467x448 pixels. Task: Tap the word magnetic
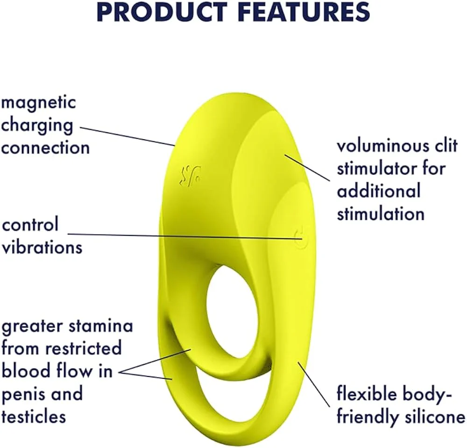(38, 102)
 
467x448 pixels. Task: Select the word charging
(37, 126)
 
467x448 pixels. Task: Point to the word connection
(45, 148)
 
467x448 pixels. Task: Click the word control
(30, 224)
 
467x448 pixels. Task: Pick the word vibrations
(42, 247)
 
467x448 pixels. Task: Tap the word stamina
(101, 326)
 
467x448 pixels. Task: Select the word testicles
(34, 416)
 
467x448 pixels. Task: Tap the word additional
(379, 191)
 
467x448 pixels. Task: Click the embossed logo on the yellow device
(190, 176)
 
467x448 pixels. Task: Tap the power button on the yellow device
(298, 237)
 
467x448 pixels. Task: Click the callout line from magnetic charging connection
(127, 136)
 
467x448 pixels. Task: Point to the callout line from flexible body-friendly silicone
(314, 384)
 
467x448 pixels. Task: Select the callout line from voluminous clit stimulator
(307, 167)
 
